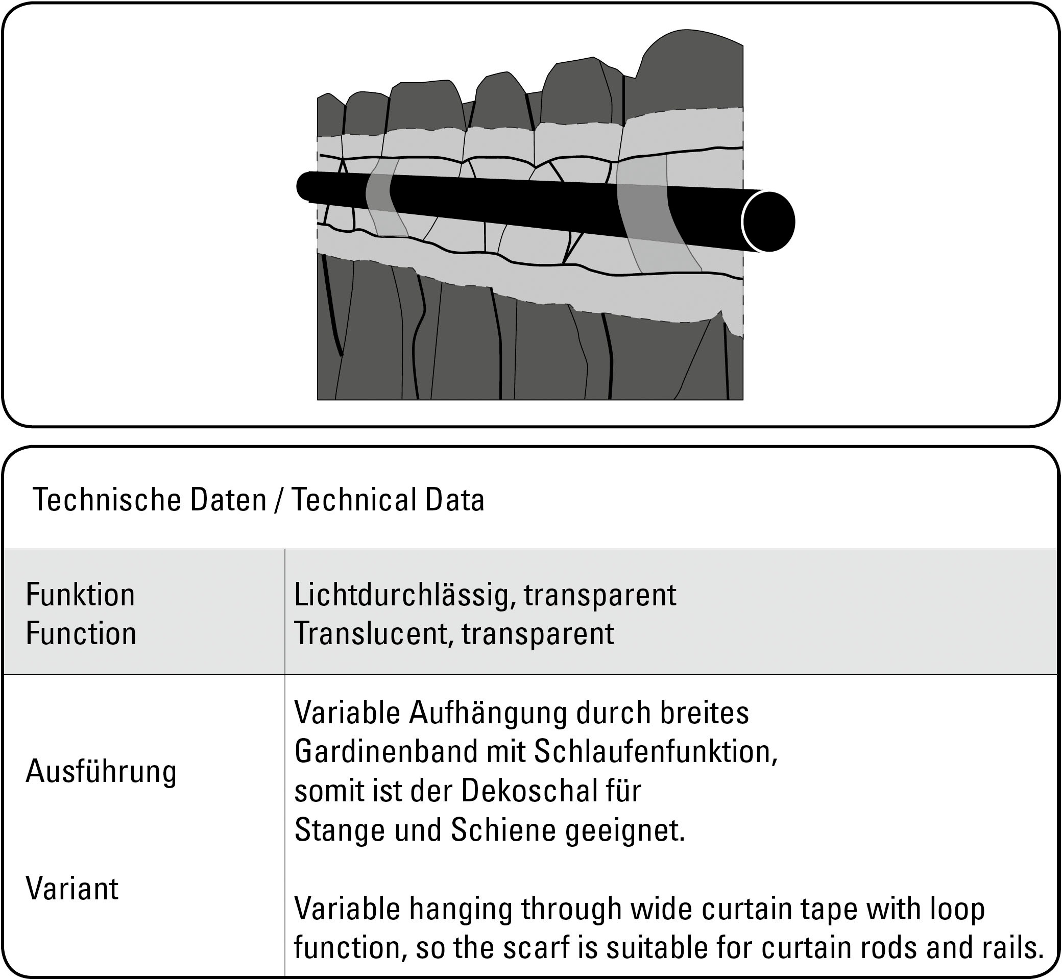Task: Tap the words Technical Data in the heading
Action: (389, 500)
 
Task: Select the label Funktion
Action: (80, 595)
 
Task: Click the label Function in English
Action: (81, 634)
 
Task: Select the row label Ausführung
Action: (101, 771)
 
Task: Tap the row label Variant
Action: (72, 888)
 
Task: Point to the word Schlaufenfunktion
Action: (655, 751)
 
